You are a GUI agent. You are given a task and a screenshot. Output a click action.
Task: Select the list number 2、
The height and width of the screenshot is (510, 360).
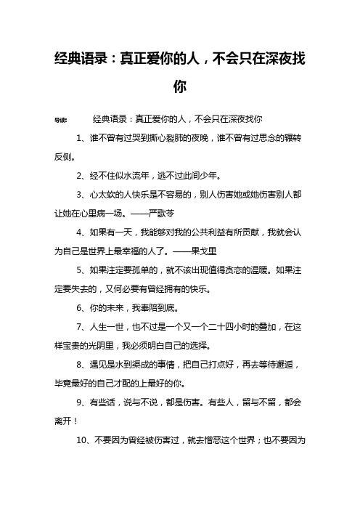[x=82, y=176]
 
